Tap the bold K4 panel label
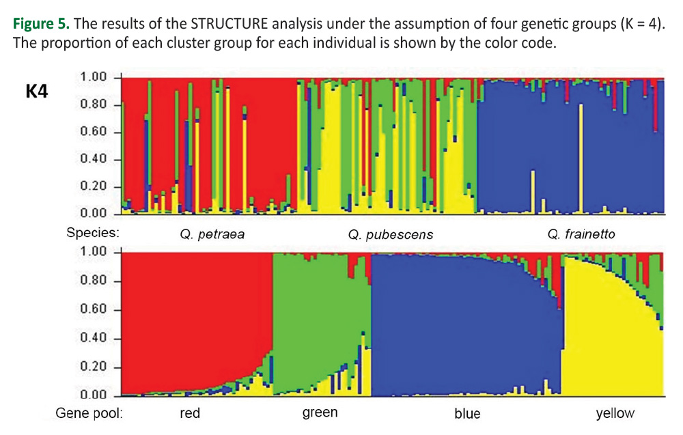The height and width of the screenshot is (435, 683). (37, 92)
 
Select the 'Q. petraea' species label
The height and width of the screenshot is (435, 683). (212, 234)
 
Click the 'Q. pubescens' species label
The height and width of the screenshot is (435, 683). (390, 234)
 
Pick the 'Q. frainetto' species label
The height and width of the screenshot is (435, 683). (581, 234)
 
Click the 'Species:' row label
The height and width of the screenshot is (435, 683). (93, 232)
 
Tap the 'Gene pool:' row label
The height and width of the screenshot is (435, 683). (89, 413)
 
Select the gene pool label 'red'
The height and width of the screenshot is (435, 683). (190, 413)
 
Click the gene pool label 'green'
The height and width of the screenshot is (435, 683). (320, 412)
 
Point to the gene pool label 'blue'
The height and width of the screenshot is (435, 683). (467, 414)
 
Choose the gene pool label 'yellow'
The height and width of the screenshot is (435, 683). (615, 413)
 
